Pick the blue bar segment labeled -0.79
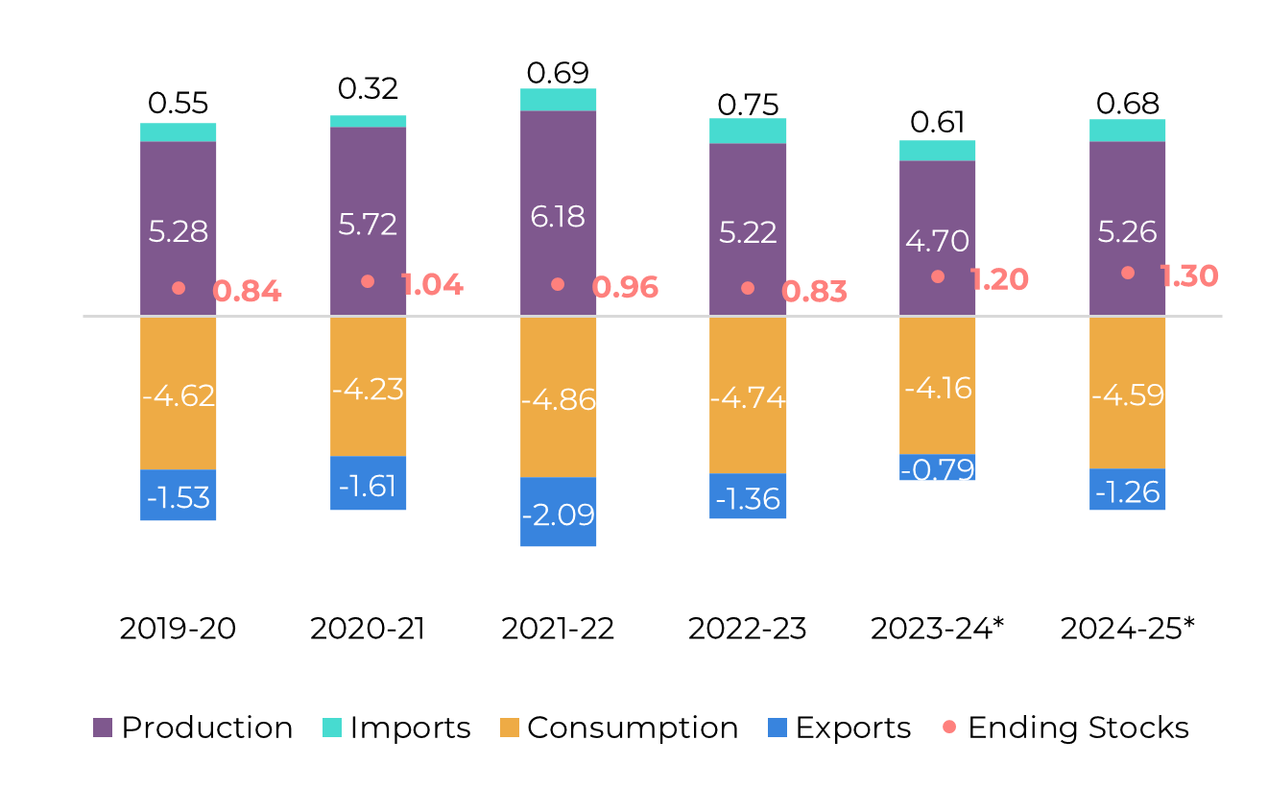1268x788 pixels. pyautogui.click(x=937, y=468)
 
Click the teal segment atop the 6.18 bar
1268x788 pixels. pyautogui.click(x=558, y=100)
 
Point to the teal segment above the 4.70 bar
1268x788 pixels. pyautogui.click(x=937, y=151)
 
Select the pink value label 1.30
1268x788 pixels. pyautogui.click(x=1188, y=276)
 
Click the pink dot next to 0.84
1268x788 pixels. pyautogui.click(x=179, y=288)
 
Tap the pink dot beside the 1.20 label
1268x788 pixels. pyautogui.click(x=938, y=276)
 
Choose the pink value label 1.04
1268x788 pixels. pyautogui.click(x=431, y=284)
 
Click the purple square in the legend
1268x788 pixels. pyautogui.click(x=103, y=728)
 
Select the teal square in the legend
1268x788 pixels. pyautogui.click(x=332, y=728)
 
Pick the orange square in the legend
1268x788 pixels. pyautogui.click(x=510, y=728)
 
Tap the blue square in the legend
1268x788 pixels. pyautogui.click(x=778, y=728)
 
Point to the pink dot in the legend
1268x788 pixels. pyautogui.click(x=949, y=727)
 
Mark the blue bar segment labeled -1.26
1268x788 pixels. pyautogui.click(x=1127, y=490)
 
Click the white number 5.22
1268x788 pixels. pyautogui.click(x=748, y=232)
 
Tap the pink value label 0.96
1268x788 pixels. pyautogui.click(x=625, y=288)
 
